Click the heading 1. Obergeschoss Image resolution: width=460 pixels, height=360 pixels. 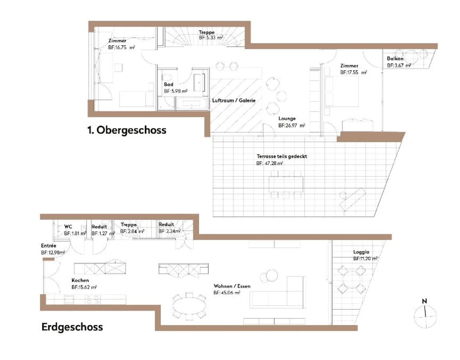tap(127, 130)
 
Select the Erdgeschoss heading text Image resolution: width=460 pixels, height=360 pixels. tap(72, 327)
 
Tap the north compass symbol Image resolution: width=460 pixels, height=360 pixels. tap(425, 314)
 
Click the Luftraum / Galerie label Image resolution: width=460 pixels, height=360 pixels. tap(234, 100)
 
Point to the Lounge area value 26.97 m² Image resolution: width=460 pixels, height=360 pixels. tap(292, 126)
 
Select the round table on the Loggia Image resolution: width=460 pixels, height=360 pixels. tap(352, 280)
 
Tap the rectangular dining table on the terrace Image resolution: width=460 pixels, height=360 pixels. tap(286, 184)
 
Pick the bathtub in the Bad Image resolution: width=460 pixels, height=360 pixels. tap(191, 104)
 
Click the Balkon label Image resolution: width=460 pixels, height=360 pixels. tap(395, 59)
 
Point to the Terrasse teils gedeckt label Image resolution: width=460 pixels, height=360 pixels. tap(282, 157)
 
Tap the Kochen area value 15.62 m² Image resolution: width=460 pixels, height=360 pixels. tap(84, 287)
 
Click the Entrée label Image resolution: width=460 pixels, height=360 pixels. tap(49, 246)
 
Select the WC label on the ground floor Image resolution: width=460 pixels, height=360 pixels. tap(68, 227)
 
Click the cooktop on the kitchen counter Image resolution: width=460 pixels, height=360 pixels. tap(92, 300)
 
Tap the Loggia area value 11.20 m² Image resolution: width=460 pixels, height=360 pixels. tap(365, 259)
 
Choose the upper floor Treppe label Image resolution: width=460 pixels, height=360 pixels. tap(207, 32)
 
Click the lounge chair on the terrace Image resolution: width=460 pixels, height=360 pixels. tap(352, 200)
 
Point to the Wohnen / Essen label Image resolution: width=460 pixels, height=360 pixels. tap(232, 286)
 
